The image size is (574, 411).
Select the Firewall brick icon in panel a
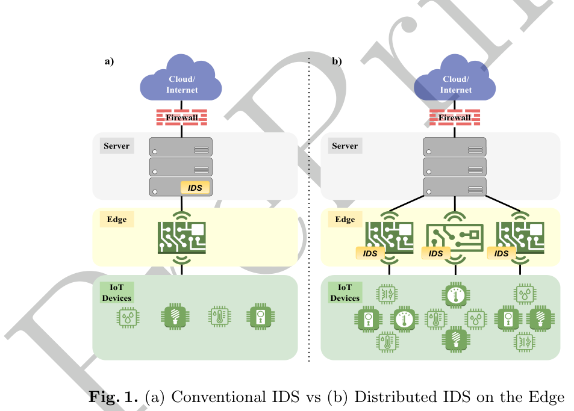181,117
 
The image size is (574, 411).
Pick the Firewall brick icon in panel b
455,117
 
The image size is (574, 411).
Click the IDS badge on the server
195,188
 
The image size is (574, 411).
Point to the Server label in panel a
116,146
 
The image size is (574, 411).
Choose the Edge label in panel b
345,220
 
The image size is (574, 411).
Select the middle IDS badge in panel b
436,254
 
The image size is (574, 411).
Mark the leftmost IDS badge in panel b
370,254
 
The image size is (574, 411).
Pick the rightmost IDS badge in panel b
501,254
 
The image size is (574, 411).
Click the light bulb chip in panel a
174,317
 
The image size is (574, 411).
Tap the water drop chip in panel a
128,317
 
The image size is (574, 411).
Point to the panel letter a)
109,61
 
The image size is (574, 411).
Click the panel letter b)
337,61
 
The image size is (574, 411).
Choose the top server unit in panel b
455,147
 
